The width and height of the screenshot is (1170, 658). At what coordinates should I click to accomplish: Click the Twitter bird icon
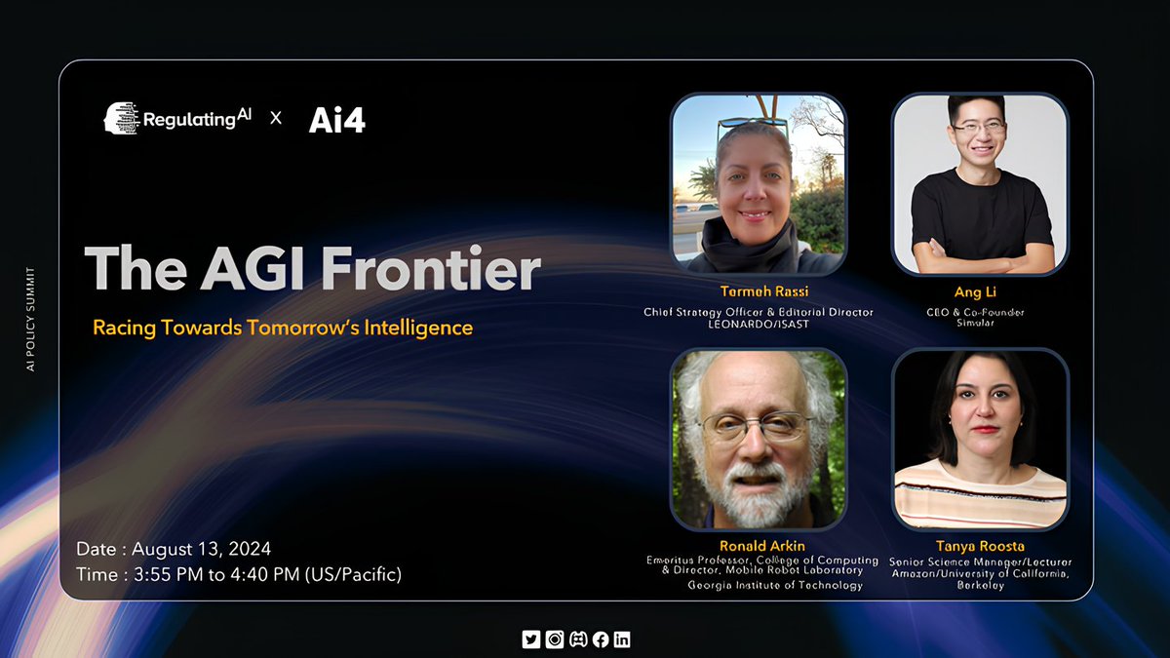point(531,639)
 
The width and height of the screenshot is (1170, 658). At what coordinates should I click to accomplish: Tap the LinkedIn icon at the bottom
point(622,639)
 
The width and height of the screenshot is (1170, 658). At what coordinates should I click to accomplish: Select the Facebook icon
point(600,639)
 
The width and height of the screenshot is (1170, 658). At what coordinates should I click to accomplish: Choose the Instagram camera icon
point(554,639)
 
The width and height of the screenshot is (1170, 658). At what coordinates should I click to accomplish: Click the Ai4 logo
point(336,119)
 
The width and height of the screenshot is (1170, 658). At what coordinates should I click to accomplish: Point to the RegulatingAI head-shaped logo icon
point(121,118)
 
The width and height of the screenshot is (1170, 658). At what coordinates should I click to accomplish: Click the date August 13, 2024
point(202,548)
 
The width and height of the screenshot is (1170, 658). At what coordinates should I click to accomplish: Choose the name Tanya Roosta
point(980,546)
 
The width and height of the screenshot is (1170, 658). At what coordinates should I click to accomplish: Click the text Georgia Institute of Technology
point(774,586)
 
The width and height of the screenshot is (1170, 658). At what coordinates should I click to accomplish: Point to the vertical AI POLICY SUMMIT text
point(30,321)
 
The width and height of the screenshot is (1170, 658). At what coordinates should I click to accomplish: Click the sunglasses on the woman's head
point(753,126)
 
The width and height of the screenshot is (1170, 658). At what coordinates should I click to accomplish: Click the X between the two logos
point(276,118)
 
